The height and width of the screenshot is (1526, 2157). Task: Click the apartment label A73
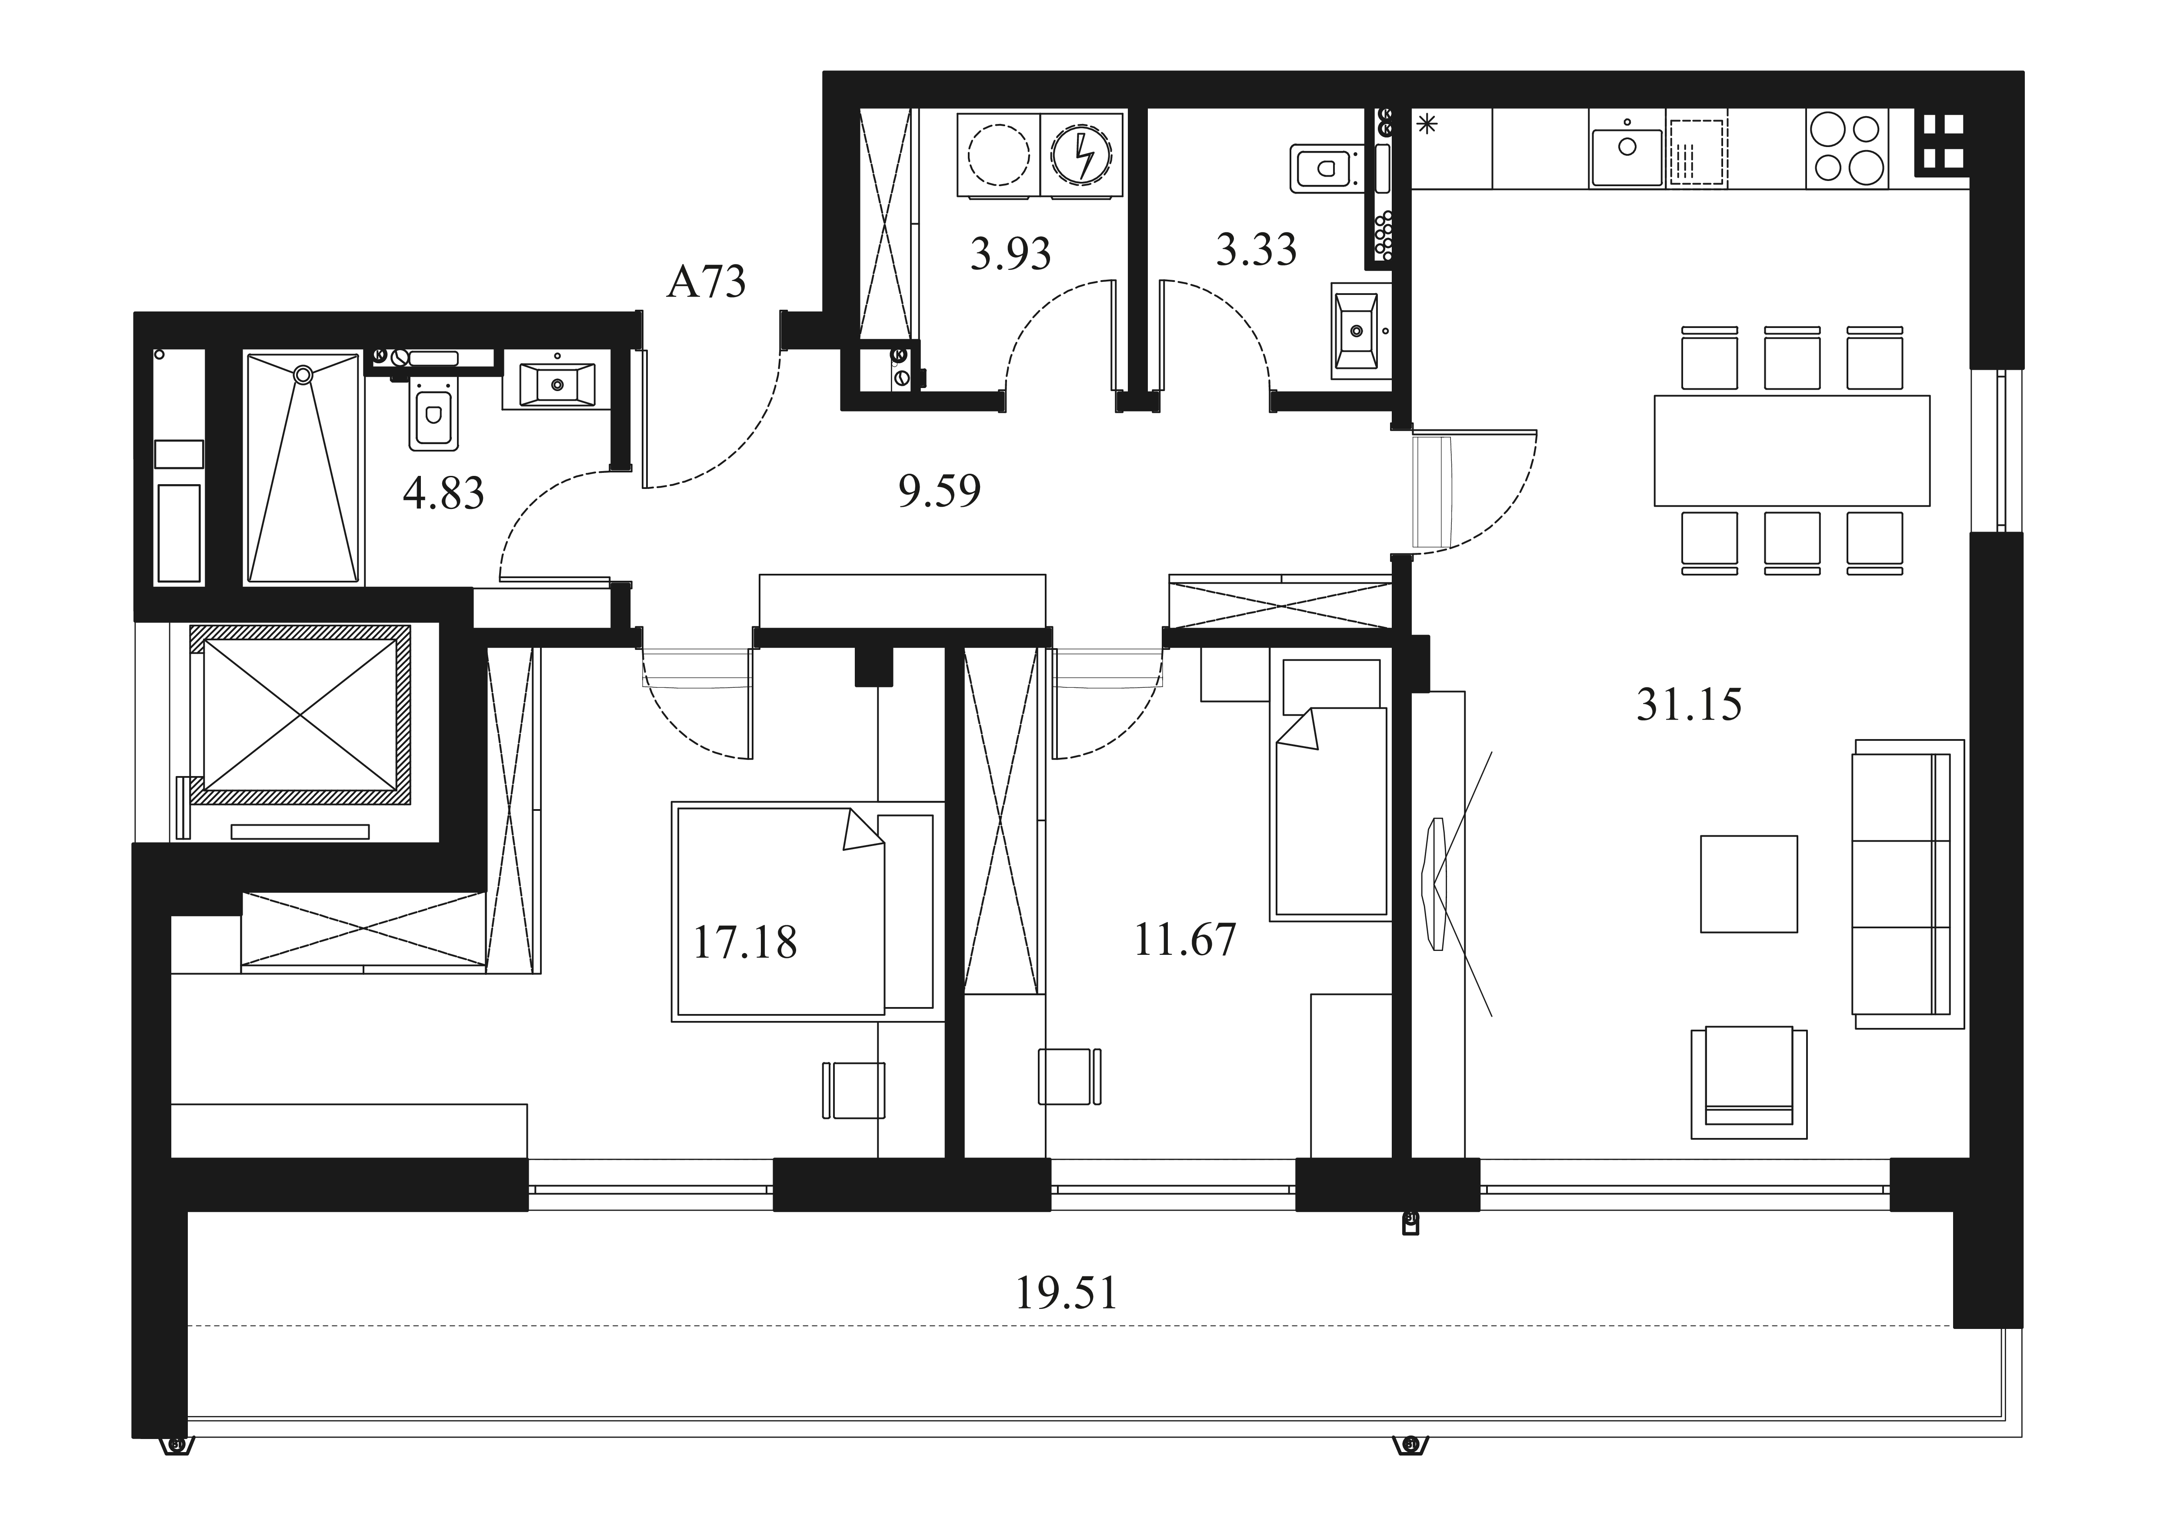coord(707,281)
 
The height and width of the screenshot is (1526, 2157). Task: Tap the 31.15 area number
coord(1689,704)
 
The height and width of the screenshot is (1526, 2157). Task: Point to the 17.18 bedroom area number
coord(745,943)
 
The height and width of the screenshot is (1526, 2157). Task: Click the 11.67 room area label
coord(1186,940)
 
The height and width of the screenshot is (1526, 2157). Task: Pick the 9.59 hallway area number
coord(940,491)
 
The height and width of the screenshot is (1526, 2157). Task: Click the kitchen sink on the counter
coord(1626,151)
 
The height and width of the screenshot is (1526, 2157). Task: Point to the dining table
coord(1791,450)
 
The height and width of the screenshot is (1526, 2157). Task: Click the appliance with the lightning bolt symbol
coord(1081,155)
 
